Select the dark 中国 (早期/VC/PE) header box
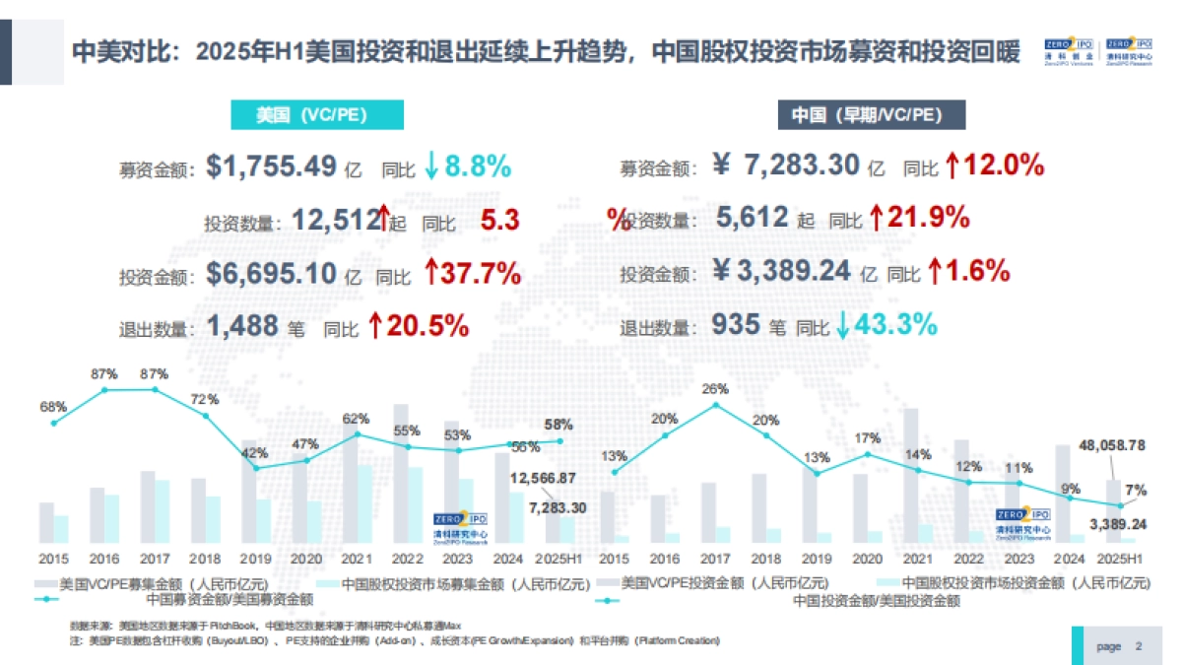pos(872,115)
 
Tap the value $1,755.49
pos(272,166)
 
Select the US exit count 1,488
pos(243,326)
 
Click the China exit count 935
pos(735,325)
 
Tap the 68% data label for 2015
pos(53,407)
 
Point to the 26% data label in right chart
pos(716,388)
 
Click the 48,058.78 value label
pos(1113,445)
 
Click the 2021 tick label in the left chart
pos(357,558)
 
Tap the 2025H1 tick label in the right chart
pos(1121,558)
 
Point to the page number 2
pos(1139,646)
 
